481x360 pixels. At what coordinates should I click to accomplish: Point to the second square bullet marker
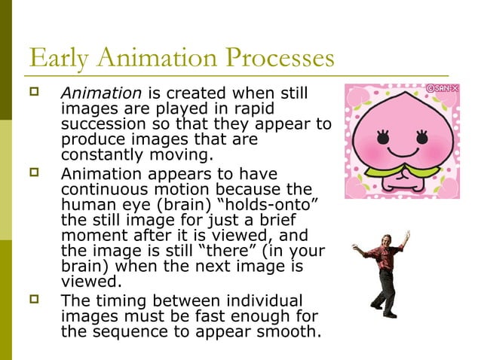pos(33,173)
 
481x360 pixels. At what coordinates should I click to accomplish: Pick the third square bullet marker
pos(33,299)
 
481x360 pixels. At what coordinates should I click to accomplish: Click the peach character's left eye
pos(384,138)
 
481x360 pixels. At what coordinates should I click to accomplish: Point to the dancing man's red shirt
pos(384,260)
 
